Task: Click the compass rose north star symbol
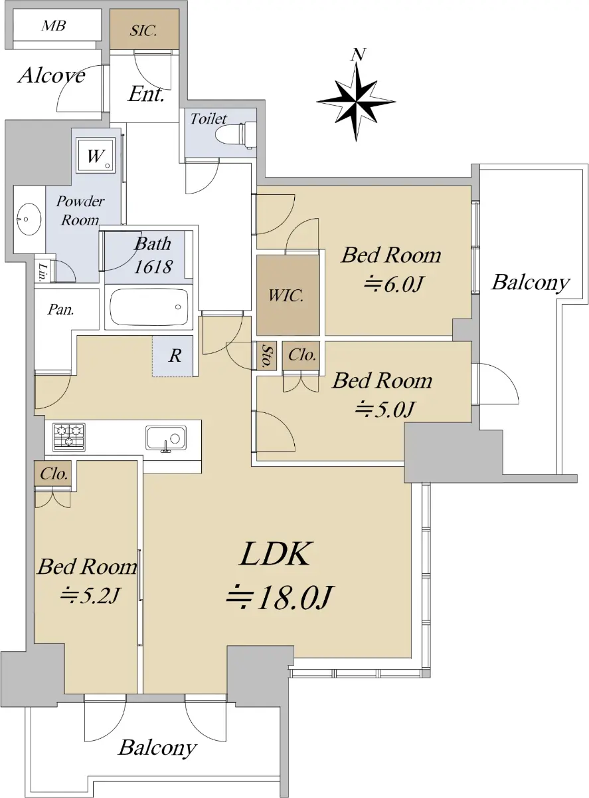coord(356,102)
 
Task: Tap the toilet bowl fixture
coord(236,135)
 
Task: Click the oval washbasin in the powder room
coord(29,219)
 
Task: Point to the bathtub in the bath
coord(149,307)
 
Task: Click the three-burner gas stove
coord(68,436)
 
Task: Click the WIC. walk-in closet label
coord(286,296)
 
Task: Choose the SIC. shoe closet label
coord(143,31)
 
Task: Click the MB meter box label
coord(54,25)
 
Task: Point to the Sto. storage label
coord(267,356)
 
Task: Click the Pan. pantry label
coord(60,309)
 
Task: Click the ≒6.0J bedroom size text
coord(393,285)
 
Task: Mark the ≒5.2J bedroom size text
coord(90,595)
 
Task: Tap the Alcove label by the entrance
coord(51,76)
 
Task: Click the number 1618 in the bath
coord(153,267)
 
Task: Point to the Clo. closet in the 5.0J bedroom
coord(302,356)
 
